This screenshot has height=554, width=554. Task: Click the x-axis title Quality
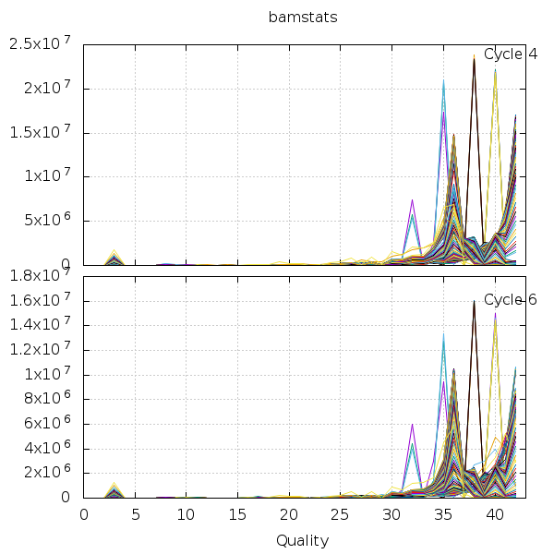coord(302,540)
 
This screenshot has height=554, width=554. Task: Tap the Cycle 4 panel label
coord(511,54)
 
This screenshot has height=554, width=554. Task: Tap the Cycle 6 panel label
coord(511,299)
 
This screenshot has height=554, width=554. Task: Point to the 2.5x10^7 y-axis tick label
coord(42,44)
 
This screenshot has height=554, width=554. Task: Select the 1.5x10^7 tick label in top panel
coord(42,132)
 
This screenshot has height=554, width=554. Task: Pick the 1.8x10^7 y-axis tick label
coord(42,275)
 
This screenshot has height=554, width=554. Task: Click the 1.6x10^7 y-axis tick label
coord(42,300)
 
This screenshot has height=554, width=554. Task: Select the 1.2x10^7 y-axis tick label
coord(42,349)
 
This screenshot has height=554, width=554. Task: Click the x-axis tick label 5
coord(136,514)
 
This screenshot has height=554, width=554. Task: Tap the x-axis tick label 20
coord(289,514)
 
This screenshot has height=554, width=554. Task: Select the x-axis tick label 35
coord(443,514)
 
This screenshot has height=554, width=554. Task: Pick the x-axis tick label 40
coord(495,514)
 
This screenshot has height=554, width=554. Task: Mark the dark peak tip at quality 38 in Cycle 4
coord(474,59)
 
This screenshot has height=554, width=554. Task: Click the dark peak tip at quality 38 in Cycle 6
coord(474,301)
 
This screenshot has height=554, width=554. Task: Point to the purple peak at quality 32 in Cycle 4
coord(412,199)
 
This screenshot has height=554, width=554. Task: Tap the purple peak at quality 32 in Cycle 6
coord(412,424)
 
